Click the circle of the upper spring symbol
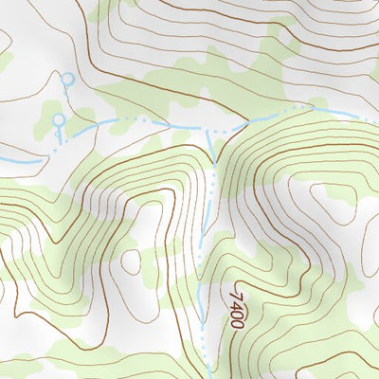coord(66,80)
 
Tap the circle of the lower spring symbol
coord(58,120)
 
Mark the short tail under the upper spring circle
coord(68,90)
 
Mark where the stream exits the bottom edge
coord(208,376)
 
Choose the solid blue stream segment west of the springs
coord(19,161)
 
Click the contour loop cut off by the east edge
coord(373,313)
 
